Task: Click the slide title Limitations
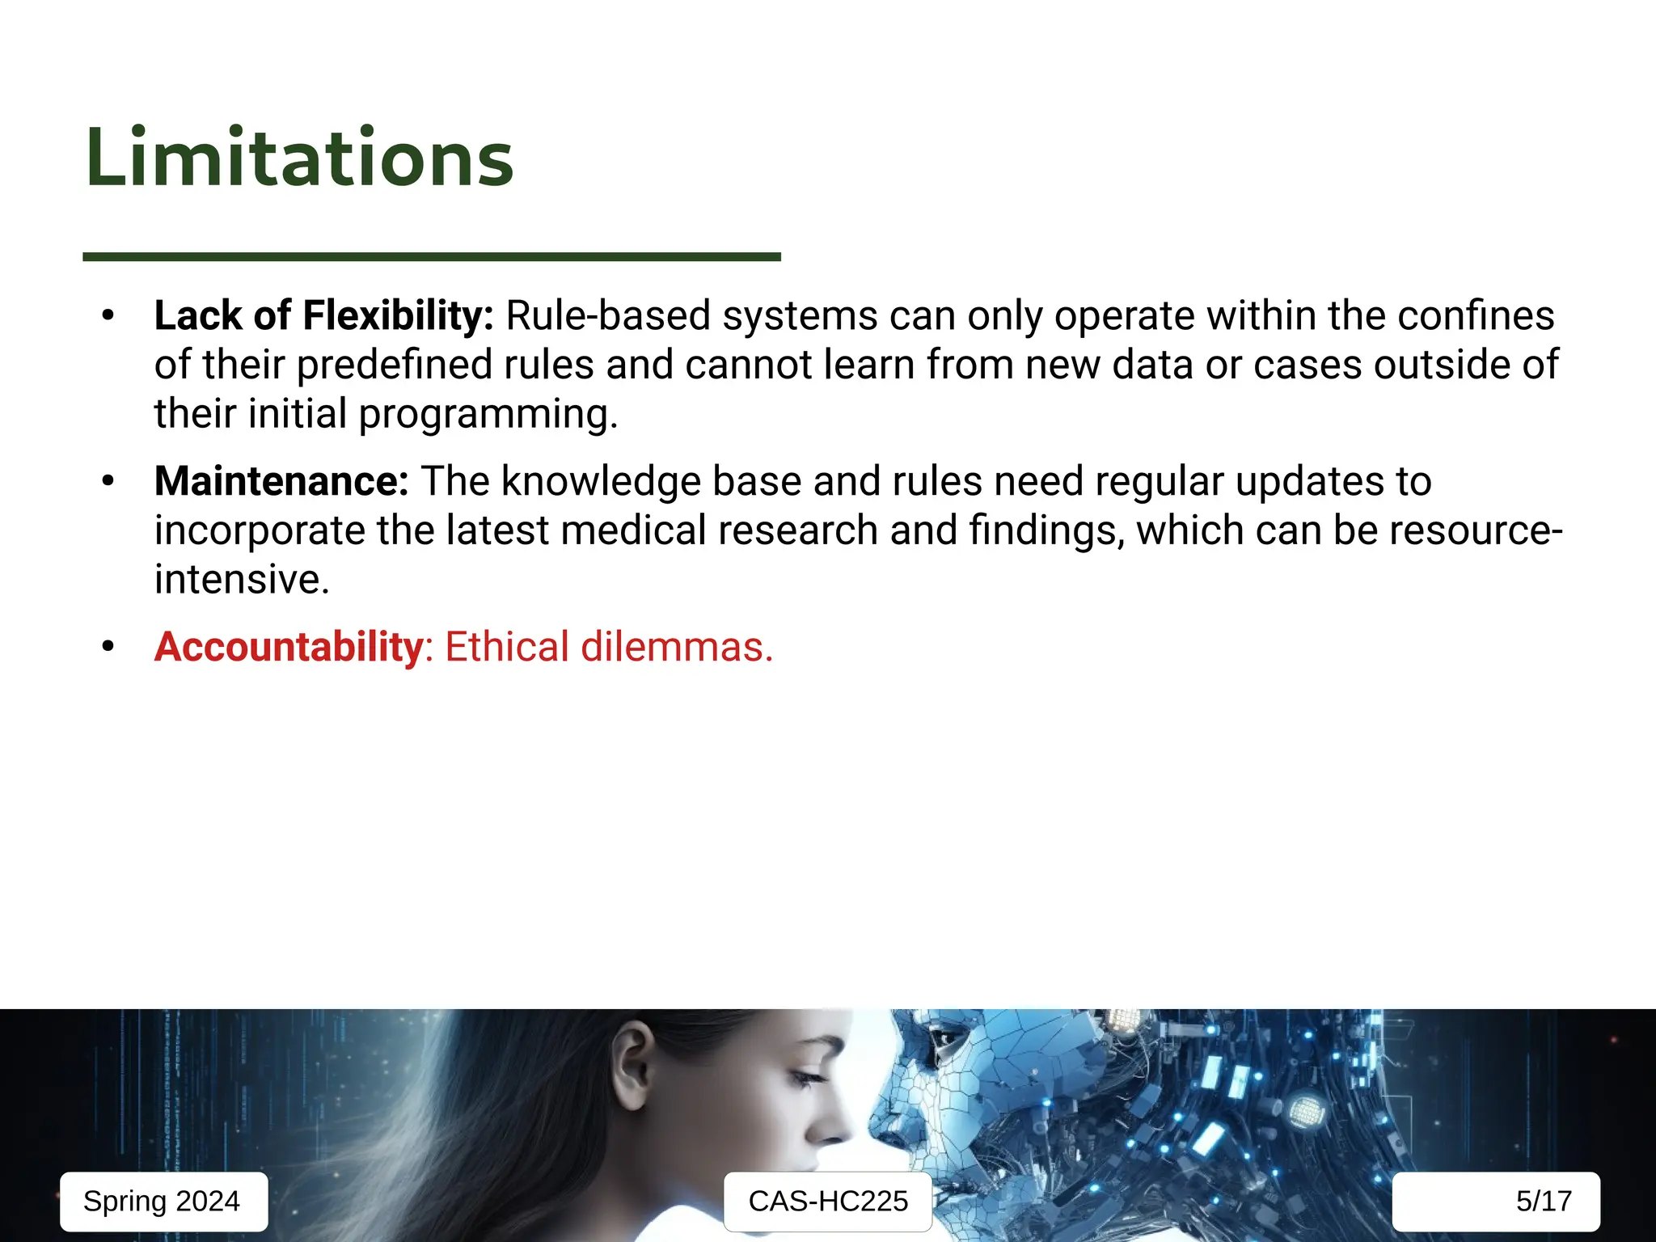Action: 299,158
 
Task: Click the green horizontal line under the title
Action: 431,256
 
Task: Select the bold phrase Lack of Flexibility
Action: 323,315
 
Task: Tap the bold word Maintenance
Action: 281,481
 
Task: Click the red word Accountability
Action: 289,647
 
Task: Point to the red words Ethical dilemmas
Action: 609,647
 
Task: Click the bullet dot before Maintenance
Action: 108,481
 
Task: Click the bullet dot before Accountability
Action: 108,647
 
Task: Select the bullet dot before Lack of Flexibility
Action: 108,315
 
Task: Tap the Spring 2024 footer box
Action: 163,1201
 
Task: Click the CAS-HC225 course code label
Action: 828,1201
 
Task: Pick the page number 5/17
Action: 1543,1201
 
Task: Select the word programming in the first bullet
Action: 488,414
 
